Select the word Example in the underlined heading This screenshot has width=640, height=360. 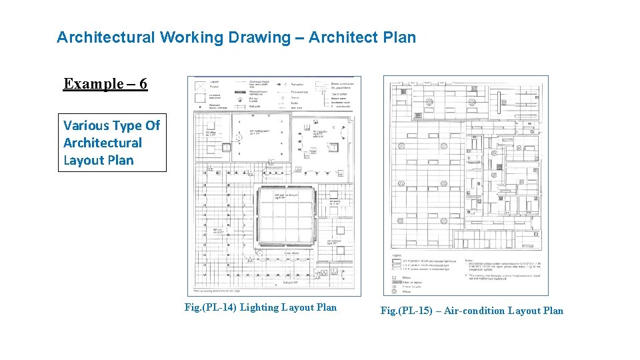93,84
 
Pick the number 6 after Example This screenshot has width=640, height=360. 143,84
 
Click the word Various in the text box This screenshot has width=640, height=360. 86,125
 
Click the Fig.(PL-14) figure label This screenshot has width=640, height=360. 210,307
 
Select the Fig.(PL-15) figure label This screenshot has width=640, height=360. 405,311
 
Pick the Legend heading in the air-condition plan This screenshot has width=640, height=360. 396,255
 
